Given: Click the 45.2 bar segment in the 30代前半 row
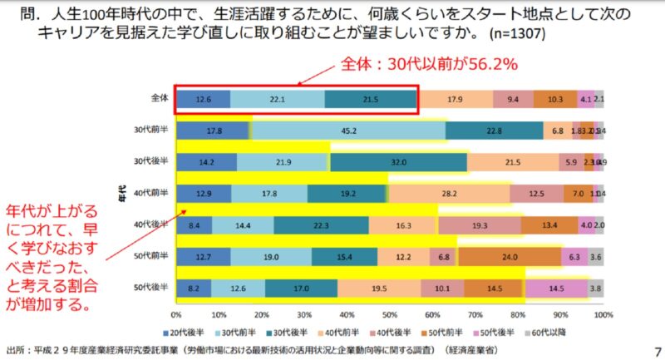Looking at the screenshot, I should pyautogui.click(x=348, y=131).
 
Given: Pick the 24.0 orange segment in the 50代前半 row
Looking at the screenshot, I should pyautogui.click(x=510, y=258).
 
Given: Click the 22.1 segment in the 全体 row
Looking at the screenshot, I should pyautogui.click(x=277, y=99).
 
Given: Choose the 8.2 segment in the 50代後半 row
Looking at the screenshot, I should pyautogui.click(x=193, y=289).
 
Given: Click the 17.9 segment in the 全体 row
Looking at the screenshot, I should pyautogui.click(x=455, y=99).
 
